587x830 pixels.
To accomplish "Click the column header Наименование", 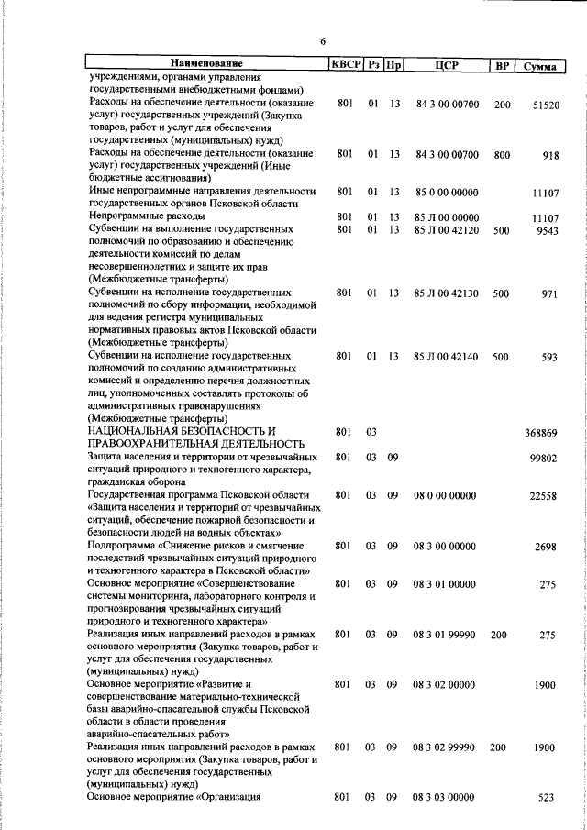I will [x=206, y=64].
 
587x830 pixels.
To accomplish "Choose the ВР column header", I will [x=502, y=64].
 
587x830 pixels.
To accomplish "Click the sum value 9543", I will [x=548, y=230].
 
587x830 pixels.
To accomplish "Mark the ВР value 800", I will [x=501, y=155].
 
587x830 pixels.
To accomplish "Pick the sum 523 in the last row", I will [x=547, y=798].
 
